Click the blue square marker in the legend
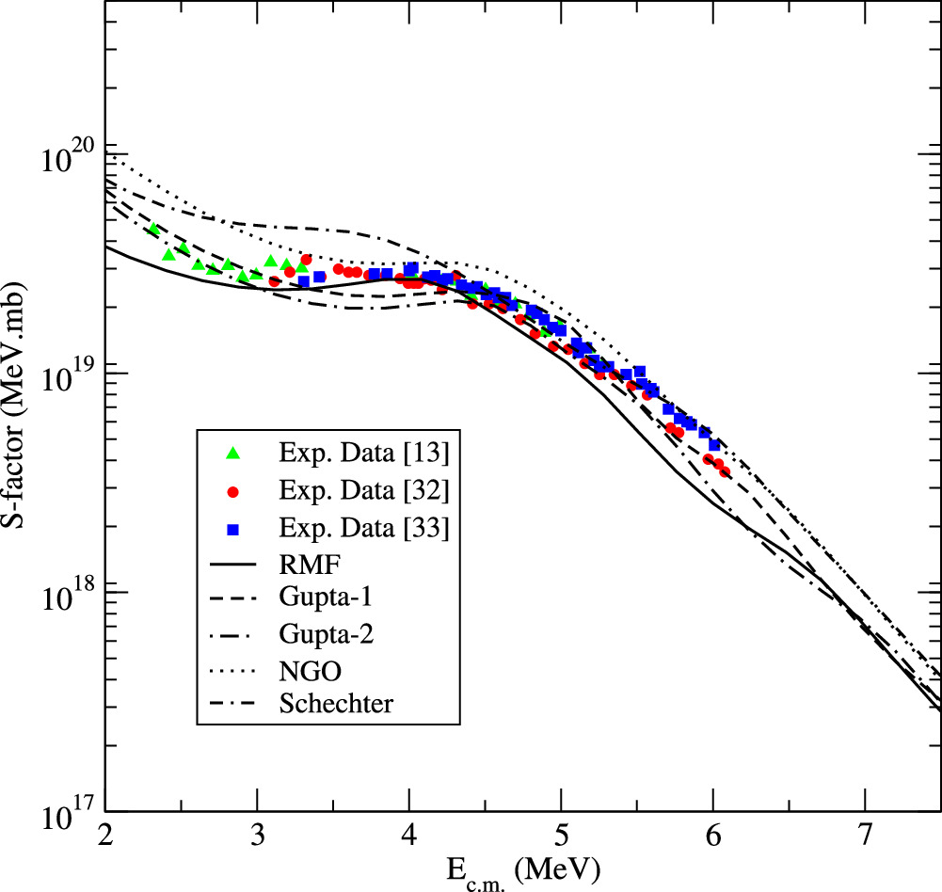click(235, 530)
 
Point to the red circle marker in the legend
click(235, 492)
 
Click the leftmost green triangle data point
click(154, 229)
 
